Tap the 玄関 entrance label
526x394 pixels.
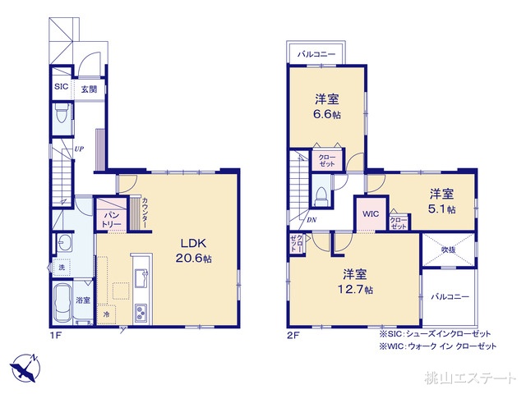pos(89,88)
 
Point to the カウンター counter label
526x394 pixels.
pos(145,213)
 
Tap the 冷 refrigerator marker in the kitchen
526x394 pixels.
pos(107,314)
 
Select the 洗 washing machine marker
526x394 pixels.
pos(61,268)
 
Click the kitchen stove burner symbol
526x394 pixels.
pos(141,313)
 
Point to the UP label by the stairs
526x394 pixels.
pos(79,149)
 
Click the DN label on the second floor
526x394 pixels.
pos(312,221)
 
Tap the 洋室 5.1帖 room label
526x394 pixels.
pos(441,201)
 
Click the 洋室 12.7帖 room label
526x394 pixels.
pos(354,281)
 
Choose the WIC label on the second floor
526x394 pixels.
pos(369,214)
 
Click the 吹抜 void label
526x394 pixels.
pos(448,250)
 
